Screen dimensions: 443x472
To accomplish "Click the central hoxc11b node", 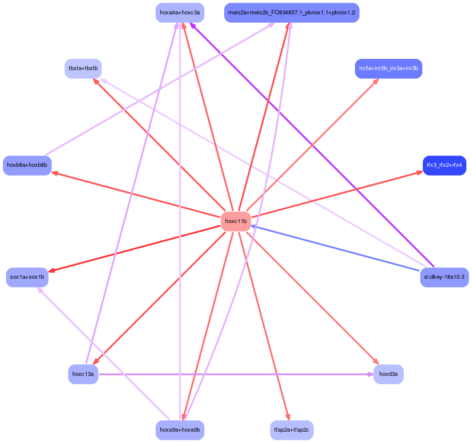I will [x=236, y=221].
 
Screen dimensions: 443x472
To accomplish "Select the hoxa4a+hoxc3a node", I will [x=180, y=13].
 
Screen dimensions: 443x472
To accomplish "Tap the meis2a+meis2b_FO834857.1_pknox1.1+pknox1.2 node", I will [x=291, y=13].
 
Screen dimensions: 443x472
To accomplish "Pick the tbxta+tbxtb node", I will [x=83, y=68].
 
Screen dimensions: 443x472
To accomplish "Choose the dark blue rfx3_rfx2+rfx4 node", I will [x=444, y=165].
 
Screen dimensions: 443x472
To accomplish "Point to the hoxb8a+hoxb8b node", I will [x=27, y=165].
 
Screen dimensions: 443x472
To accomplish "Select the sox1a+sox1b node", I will [x=27, y=277].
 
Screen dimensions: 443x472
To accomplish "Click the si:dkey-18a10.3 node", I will [x=444, y=277].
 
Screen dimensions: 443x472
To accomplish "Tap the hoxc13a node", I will [x=83, y=374].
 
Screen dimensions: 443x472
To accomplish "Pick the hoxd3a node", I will [x=388, y=374].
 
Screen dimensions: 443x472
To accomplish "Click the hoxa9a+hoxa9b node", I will [x=180, y=430].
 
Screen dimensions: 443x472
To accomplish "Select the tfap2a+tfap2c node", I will [x=291, y=430].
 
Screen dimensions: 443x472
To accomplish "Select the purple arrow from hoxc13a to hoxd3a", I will [x=235, y=374].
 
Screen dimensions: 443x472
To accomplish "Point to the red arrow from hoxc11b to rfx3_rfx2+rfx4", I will [x=335, y=194].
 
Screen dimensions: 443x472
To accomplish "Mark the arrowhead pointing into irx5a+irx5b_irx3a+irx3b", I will [x=375, y=81].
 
